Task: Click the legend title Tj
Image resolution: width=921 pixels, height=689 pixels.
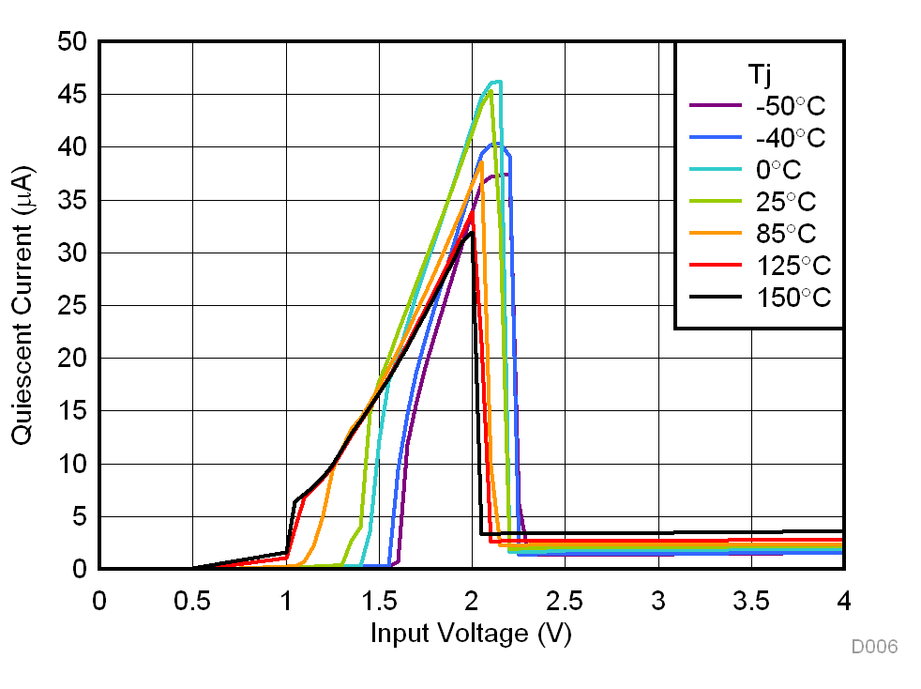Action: tap(760, 73)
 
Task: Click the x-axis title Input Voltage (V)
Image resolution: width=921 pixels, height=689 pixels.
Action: tap(471, 634)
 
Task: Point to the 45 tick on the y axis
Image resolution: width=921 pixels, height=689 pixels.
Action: tap(71, 95)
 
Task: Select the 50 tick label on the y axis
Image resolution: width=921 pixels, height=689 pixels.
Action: tap(71, 42)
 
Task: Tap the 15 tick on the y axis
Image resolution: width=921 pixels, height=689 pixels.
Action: tap(71, 411)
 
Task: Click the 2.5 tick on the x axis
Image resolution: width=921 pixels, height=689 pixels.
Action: tap(565, 601)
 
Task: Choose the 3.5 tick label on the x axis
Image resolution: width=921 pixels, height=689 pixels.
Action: tap(751, 601)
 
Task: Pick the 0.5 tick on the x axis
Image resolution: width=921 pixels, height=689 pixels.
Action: tap(192, 601)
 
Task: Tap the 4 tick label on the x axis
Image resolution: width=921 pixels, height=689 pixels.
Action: tap(844, 601)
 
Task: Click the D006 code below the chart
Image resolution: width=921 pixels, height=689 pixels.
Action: tap(874, 647)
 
